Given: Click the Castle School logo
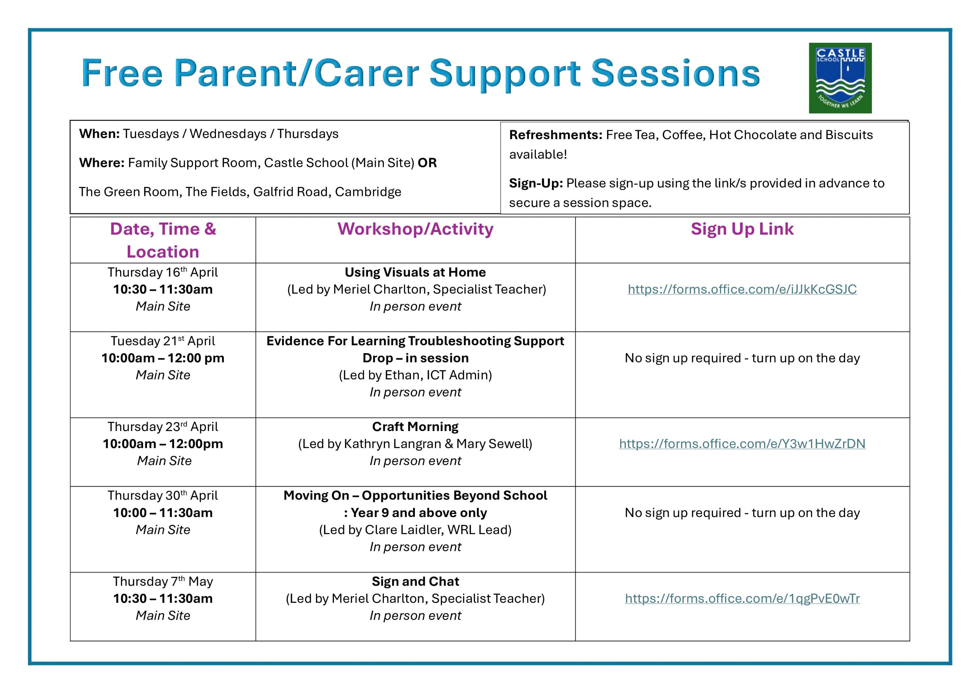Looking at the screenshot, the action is (840, 78).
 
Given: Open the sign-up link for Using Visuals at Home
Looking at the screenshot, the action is (742, 289).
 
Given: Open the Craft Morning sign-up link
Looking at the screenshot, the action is (742, 444).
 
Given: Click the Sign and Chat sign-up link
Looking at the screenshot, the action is (742, 599).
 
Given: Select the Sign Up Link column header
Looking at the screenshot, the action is (742, 229).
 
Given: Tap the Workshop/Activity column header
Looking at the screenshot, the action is (415, 229).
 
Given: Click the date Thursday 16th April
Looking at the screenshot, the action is (163, 272).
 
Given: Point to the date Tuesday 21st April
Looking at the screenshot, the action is (163, 341).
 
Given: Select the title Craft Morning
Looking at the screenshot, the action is (415, 427).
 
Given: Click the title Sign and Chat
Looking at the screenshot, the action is (415, 582).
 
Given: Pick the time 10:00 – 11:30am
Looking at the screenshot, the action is (163, 513).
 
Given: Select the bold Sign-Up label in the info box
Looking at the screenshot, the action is (536, 184).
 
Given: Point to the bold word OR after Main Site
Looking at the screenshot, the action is (427, 163).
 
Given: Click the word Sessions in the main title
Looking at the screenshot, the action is (676, 73).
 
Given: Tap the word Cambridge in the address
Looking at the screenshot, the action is (368, 192).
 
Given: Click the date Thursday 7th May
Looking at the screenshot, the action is (163, 582).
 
